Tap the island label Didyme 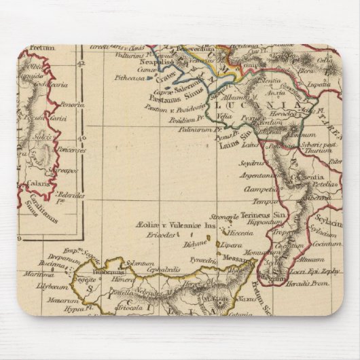pos(195,242)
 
